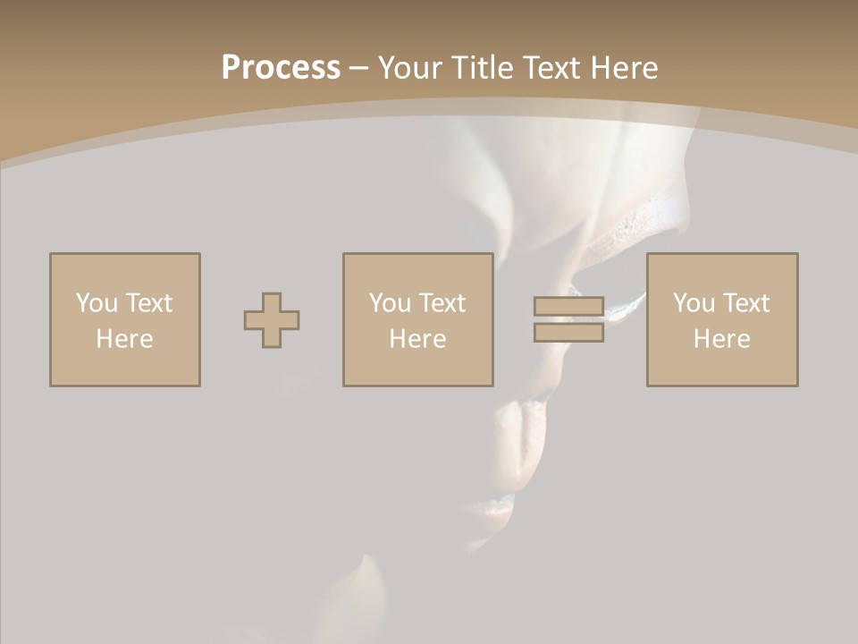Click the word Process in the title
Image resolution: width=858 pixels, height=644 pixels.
pos(281,68)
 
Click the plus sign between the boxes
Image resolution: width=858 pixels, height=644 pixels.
pos(272,320)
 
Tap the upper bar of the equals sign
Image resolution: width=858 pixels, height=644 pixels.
pos(568,306)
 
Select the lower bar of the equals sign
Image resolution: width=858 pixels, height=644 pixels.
pos(568,333)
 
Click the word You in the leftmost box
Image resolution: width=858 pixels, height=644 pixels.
pos(96,303)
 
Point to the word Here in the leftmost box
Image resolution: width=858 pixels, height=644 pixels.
pos(124,339)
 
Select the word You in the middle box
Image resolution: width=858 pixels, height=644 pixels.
pos(389,303)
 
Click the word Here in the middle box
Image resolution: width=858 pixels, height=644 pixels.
pos(417,339)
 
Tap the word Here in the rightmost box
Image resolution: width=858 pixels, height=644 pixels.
pos(721,339)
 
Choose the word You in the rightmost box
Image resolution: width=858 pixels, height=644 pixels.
pos(693,303)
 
